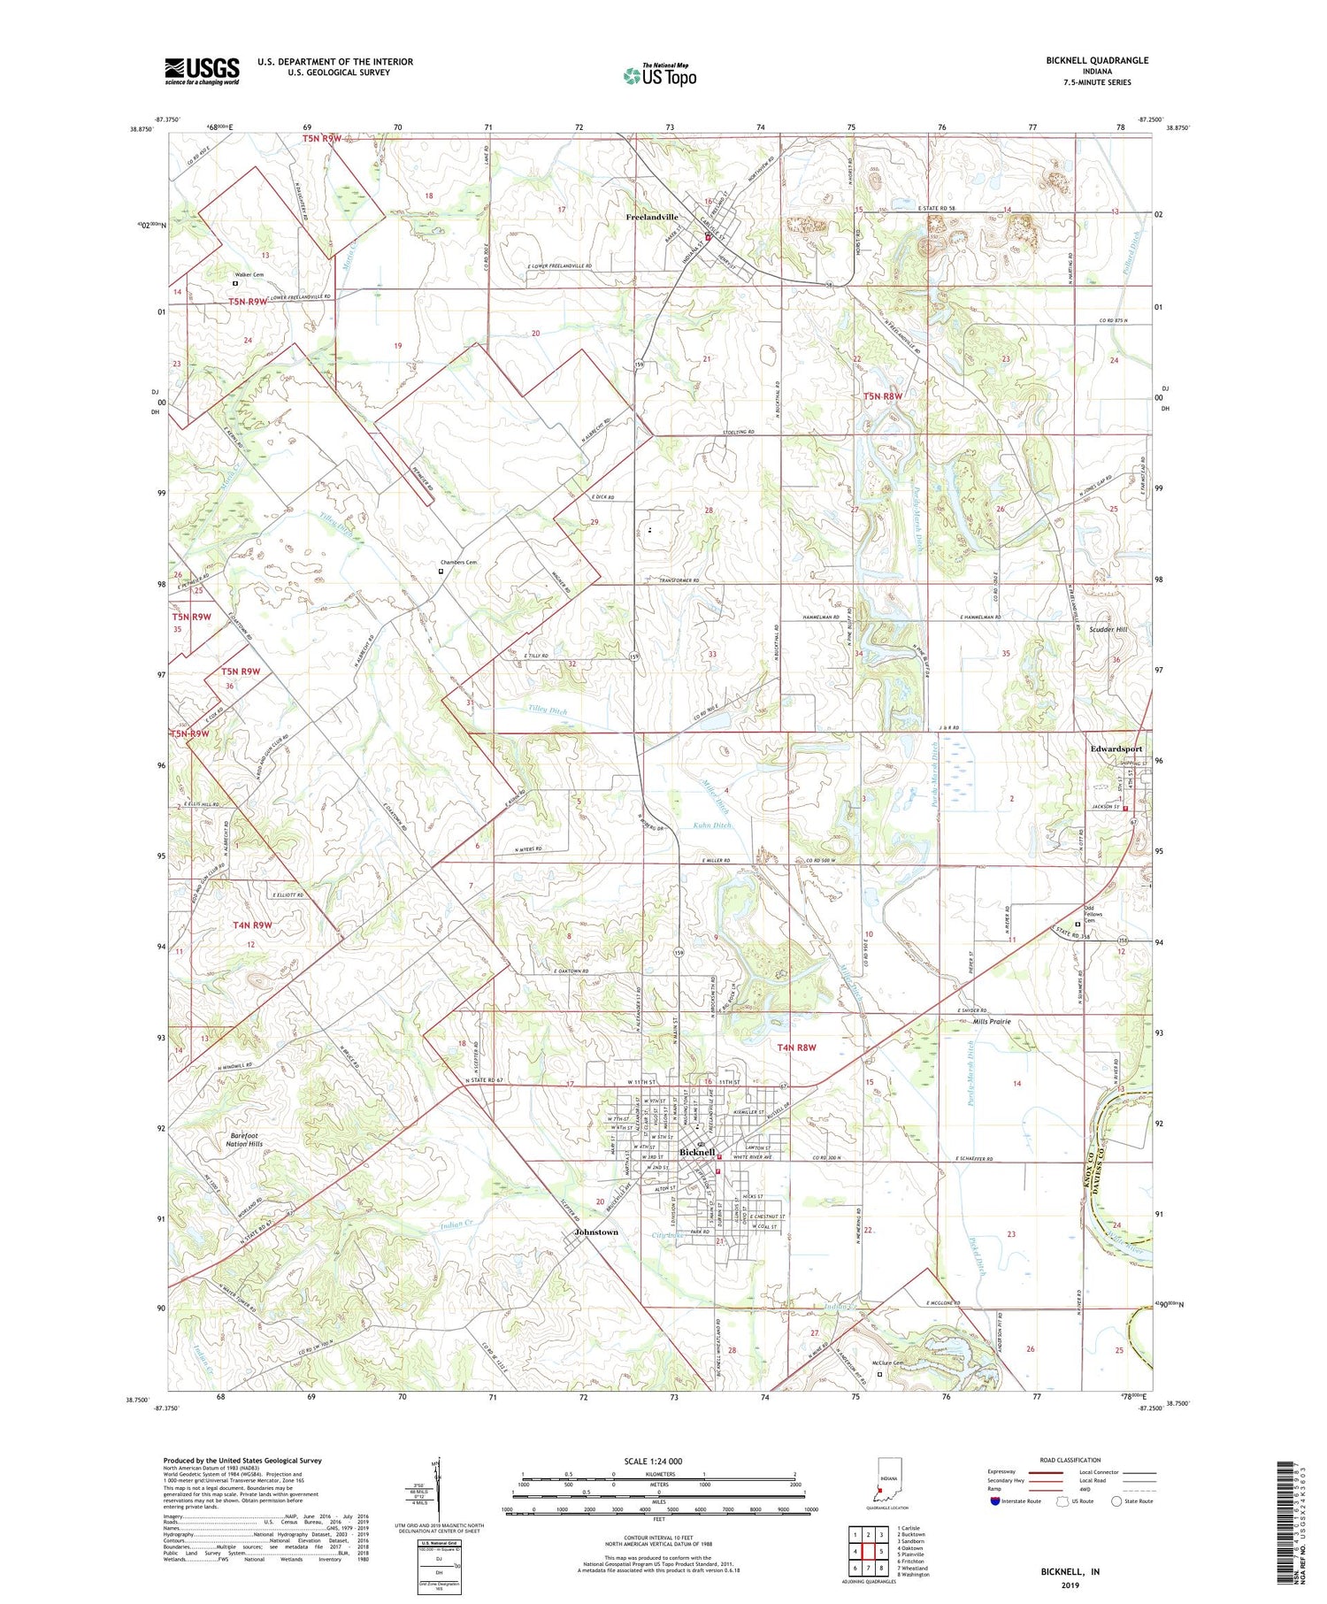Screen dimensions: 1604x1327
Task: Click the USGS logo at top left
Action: (202, 71)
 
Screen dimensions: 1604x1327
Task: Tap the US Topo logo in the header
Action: (660, 76)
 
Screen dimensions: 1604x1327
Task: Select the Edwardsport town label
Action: (1116, 748)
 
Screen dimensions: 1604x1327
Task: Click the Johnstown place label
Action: (596, 1232)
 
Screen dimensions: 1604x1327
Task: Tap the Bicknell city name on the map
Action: (696, 1153)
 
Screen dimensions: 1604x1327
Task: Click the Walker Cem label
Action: (249, 275)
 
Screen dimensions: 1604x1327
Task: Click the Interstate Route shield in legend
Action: (995, 1501)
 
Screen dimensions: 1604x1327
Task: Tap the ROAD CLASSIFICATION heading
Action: (1070, 1460)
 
